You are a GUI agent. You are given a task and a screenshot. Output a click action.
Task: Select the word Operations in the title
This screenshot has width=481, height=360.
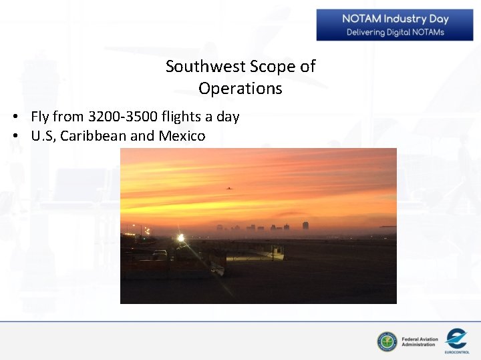point(240,89)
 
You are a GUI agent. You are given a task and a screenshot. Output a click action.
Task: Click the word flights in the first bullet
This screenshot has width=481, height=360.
point(181,117)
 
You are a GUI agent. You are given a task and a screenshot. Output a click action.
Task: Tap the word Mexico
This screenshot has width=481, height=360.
point(182,136)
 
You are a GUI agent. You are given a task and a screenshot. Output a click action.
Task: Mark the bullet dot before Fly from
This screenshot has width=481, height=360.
point(14,117)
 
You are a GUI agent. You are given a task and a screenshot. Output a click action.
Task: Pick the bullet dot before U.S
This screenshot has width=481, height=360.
point(14,137)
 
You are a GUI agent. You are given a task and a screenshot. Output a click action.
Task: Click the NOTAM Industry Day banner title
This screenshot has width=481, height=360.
point(395,19)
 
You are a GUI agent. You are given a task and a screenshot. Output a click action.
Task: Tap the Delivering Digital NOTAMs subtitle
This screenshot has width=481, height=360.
point(395,32)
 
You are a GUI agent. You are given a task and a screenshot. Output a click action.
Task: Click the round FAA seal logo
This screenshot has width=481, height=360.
point(387,342)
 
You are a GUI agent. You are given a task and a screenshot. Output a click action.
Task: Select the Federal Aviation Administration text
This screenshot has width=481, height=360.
point(420,342)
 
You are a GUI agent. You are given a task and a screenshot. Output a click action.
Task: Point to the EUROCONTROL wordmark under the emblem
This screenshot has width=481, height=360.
point(457,351)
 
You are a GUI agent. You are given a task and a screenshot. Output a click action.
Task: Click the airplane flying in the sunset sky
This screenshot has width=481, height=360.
point(230,189)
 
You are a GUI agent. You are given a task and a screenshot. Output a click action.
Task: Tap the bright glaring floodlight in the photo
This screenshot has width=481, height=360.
point(180,237)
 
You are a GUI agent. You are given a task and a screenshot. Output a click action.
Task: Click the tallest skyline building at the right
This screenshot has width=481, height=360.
point(305,226)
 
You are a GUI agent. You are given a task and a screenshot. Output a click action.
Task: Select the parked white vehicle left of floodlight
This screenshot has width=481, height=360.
point(160,253)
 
